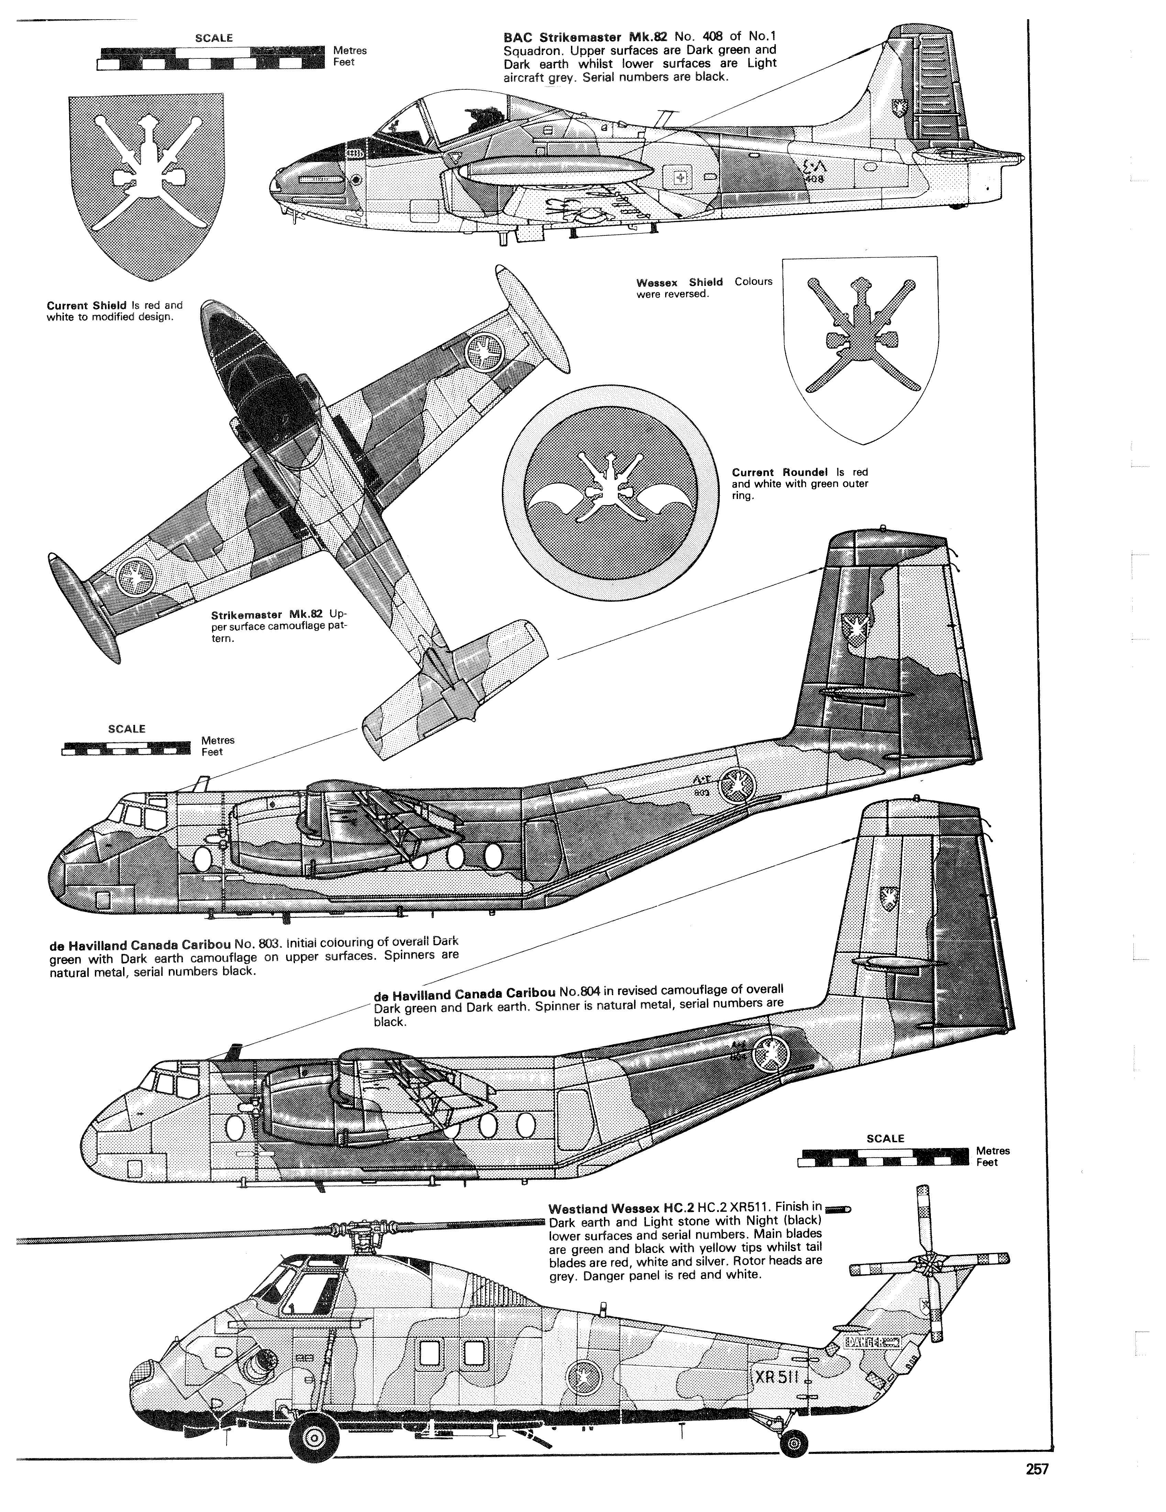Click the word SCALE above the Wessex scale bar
[x=885, y=1139]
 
